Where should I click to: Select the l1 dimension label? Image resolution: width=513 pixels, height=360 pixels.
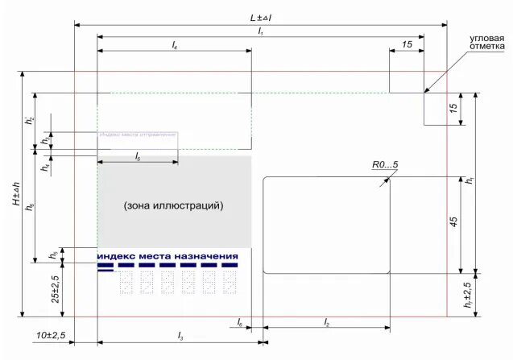(260, 31)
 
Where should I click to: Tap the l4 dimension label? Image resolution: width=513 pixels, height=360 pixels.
(174, 45)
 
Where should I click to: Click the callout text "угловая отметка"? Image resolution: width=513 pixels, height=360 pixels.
(487, 43)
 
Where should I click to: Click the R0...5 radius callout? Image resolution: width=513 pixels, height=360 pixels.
(384, 165)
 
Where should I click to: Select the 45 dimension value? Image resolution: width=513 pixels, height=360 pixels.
(453, 223)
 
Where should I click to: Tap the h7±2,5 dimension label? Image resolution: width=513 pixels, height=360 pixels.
(468, 296)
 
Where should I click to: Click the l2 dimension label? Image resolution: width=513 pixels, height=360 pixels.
(326, 321)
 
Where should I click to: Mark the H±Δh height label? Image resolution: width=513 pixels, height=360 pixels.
(16, 192)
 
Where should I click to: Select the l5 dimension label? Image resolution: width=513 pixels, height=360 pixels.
(138, 155)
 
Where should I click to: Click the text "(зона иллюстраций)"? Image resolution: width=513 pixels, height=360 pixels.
(173, 206)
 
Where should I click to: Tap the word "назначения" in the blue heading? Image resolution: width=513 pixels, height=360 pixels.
(209, 255)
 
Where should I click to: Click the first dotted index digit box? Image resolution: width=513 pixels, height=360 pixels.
(126, 282)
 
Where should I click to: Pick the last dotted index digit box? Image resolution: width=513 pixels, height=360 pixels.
(230, 282)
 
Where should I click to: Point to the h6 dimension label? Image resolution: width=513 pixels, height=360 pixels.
(29, 207)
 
